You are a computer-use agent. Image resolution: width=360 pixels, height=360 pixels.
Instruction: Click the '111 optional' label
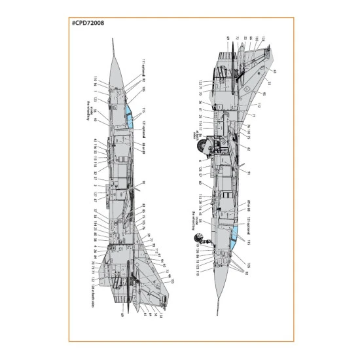coord(141,66)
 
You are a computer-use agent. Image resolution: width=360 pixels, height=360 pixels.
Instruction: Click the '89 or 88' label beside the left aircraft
coord(142,148)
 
